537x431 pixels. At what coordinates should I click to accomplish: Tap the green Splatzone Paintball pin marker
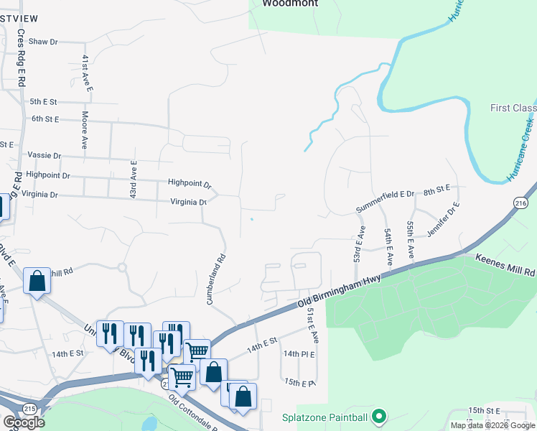point(380,417)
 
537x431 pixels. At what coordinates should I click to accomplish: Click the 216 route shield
point(520,205)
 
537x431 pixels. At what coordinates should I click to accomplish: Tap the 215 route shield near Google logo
point(29,408)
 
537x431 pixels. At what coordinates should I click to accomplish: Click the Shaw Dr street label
point(42,42)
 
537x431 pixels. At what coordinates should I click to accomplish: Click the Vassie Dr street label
point(44,155)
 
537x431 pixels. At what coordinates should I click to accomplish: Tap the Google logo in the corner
point(24,422)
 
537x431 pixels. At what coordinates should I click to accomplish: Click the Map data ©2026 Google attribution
point(492,425)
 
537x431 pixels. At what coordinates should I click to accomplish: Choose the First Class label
point(513,108)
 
